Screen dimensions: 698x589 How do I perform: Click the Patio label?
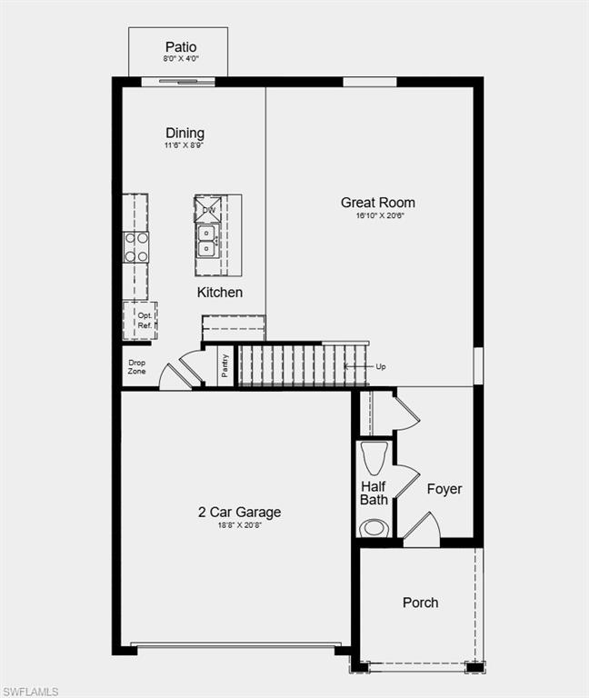click(181, 47)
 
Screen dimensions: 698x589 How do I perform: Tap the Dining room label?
click(185, 134)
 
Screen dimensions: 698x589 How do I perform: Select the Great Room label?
click(378, 203)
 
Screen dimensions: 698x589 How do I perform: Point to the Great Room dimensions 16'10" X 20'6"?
click(378, 216)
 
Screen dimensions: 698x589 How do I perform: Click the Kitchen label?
click(220, 293)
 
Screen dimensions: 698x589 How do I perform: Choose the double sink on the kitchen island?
click(206, 238)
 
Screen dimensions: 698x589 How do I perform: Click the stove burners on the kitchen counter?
click(136, 247)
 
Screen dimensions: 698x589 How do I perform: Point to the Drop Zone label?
click(136, 367)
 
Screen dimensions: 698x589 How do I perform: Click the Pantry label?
click(225, 366)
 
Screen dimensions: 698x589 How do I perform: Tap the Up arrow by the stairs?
click(378, 366)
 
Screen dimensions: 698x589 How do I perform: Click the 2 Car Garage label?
click(240, 513)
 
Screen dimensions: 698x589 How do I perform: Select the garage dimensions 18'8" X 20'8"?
click(240, 526)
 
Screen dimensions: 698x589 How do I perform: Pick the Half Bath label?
click(374, 494)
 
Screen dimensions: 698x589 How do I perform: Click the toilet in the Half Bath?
click(374, 528)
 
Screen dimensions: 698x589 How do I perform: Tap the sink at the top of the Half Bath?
click(374, 454)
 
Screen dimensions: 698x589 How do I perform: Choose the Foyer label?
click(444, 489)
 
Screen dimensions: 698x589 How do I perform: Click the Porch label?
click(420, 603)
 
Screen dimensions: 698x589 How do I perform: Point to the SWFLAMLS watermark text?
click(30, 692)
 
